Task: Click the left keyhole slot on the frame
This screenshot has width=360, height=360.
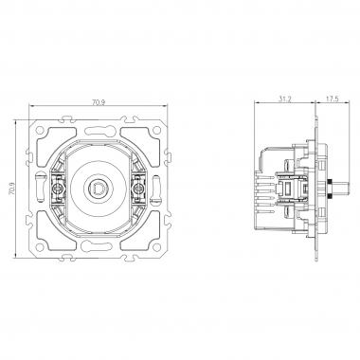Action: coord(39,177)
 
